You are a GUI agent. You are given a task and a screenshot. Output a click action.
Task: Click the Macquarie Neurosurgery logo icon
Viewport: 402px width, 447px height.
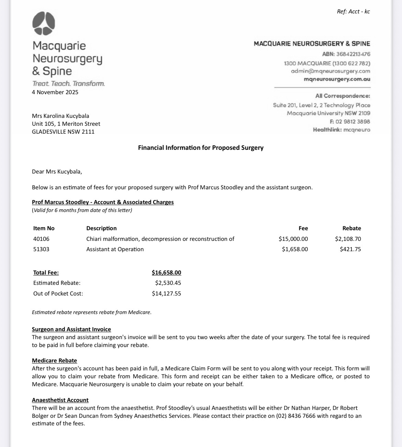[x=44, y=23]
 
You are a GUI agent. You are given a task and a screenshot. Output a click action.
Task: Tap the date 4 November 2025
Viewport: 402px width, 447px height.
[x=55, y=92]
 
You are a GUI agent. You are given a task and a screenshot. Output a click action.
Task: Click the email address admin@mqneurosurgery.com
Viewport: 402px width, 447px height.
[x=331, y=71]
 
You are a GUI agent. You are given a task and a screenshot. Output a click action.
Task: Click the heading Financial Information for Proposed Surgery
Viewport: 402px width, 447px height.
[x=201, y=148]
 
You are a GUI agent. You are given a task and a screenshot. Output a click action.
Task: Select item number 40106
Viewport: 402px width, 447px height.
[x=41, y=239]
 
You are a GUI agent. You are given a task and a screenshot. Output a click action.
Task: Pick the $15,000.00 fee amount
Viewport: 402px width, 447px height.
[x=293, y=239]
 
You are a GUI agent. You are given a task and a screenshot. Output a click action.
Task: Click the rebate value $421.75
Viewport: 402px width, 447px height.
[x=350, y=249]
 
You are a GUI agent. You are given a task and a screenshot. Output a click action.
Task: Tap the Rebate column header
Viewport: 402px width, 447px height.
[x=351, y=228]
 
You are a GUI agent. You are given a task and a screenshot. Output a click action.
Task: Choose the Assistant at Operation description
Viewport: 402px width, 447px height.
[x=115, y=249]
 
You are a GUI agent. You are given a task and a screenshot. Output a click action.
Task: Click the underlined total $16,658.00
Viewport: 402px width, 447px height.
[x=166, y=272]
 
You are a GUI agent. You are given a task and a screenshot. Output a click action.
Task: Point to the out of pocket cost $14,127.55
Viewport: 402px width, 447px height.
[x=166, y=293]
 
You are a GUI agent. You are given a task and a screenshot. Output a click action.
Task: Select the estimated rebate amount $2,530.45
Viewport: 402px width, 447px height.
[x=168, y=283]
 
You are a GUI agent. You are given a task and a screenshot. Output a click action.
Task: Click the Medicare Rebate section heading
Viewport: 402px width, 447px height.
[x=54, y=360]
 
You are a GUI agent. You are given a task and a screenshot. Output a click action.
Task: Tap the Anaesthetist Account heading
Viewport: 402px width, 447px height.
[x=60, y=400]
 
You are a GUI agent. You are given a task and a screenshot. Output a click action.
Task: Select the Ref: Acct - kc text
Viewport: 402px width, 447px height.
[x=353, y=11]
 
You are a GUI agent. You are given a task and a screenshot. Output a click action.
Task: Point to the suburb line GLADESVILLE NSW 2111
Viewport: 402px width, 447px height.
[x=63, y=132]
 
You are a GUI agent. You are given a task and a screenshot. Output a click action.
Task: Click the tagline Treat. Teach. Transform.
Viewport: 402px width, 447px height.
[x=68, y=83]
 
